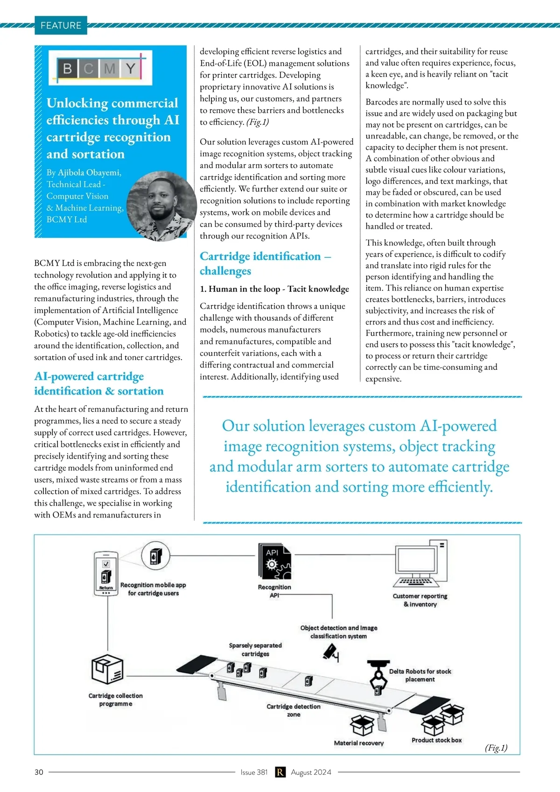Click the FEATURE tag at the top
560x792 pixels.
(61, 25)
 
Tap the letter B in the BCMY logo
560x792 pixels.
(67, 68)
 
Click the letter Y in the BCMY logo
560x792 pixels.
(131, 68)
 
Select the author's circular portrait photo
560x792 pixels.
(161, 206)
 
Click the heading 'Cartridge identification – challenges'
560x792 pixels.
(266, 263)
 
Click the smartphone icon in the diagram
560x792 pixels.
(106, 573)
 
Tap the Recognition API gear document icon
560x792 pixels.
(275, 561)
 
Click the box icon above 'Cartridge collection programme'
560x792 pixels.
(107, 669)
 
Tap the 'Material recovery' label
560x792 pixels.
(358, 743)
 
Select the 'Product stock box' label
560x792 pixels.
(436, 740)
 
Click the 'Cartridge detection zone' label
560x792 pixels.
(294, 710)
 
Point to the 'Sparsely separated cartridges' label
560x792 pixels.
(255, 650)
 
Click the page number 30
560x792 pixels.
(39, 772)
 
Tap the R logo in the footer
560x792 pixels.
(280, 772)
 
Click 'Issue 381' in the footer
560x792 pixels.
(254, 772)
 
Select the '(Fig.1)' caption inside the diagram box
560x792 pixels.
(496, 748)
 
